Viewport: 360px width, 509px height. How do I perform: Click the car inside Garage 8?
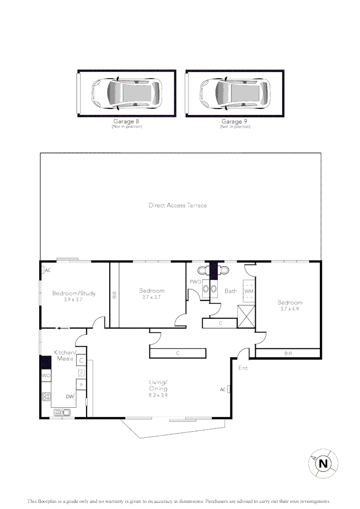(126, 93)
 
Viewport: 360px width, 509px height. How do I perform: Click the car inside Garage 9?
(235, 93)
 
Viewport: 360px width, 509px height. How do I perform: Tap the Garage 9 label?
(234, 122)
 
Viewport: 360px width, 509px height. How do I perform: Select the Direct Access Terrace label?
(178, 205)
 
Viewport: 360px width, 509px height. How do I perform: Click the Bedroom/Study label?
(74, 293)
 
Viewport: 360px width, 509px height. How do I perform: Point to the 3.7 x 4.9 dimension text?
(290, 309)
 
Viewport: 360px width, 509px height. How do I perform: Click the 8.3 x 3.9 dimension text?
(158, 395)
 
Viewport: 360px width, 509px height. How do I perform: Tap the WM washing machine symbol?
(249, 291)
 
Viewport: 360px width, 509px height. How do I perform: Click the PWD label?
(196, 282)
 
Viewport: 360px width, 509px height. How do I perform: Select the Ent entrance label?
(243, 368)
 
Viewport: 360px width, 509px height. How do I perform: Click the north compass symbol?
(323, 464)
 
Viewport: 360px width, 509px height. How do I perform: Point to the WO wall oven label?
(46, 376)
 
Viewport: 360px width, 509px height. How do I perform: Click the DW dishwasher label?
(69, 396)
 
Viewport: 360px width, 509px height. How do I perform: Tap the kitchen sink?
(62, 412)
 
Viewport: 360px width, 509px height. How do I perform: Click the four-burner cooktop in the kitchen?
(46, 396)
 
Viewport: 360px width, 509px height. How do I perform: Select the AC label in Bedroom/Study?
(48, 271)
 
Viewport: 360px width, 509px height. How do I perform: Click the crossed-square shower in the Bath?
(246, 317)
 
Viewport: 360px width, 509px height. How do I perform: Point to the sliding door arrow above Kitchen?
(63, 328)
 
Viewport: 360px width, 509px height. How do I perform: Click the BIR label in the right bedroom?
(288, 353)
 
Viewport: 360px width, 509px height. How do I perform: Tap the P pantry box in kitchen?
(81, 385)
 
